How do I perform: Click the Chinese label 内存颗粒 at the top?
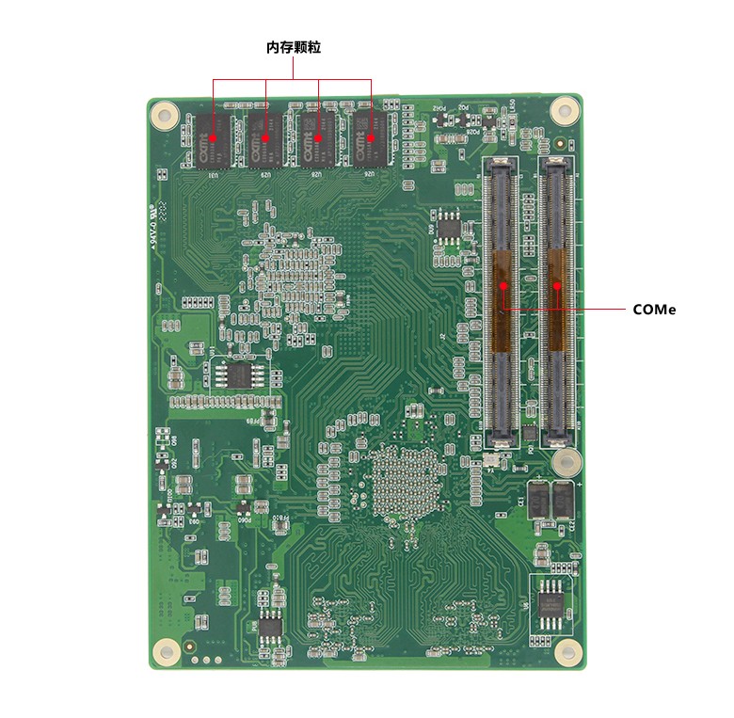pos(294,46)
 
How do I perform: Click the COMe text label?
pos(654,309)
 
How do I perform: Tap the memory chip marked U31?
pos(214,138)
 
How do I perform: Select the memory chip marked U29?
pos(266,138)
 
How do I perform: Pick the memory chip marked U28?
pos(319,138)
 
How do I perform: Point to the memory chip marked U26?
pos(372,138)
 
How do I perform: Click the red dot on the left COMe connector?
pos(503,284)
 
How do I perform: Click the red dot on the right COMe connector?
pos(557,284)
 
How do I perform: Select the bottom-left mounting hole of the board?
pos(167,649)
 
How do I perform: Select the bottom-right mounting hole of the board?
pos(565,649)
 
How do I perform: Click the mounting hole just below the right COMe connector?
pos(565,461)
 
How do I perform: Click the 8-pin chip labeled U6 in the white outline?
pos(548,605)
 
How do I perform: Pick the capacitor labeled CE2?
pos(563,501)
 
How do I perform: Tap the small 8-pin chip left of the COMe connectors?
pos(451,228)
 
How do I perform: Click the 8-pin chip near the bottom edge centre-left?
pos(270,625)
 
